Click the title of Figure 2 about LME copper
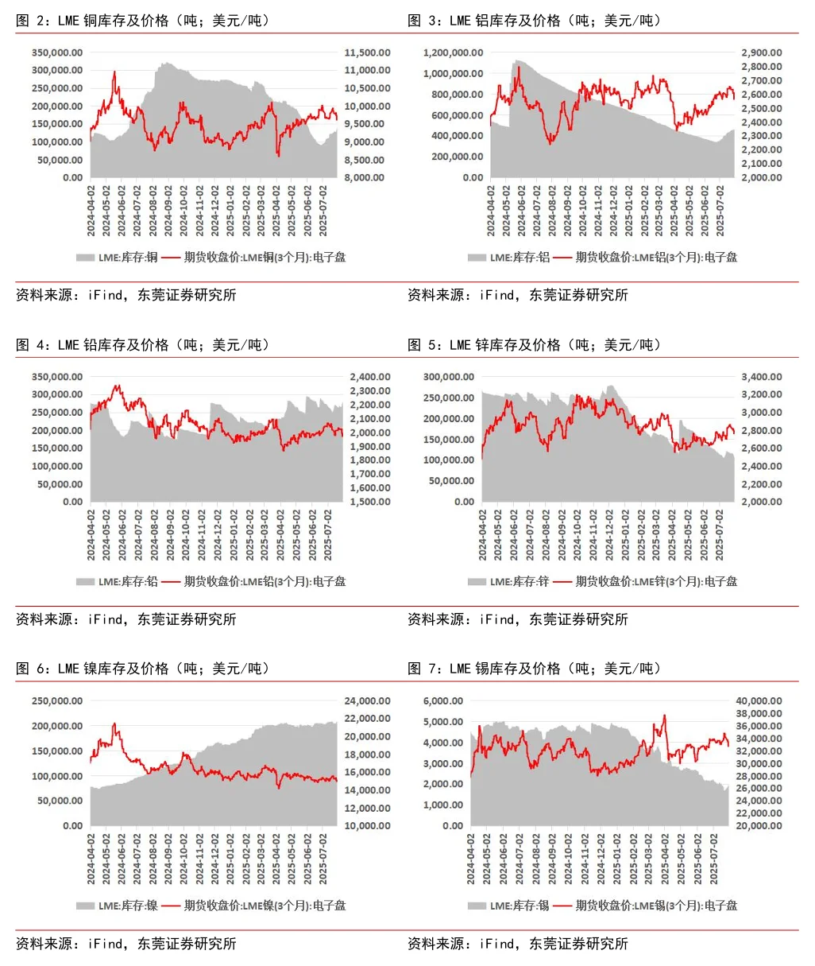tap(144, 21)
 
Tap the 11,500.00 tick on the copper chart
tap(367, 52)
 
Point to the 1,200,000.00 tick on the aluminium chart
tap(453, 52)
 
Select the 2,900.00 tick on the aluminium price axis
tap(761, 52)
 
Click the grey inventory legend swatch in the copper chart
tap(85, 258)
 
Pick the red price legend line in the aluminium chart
tap(562, 258)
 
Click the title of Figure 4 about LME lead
tap(144, 345)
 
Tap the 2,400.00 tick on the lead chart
tap(370, 377)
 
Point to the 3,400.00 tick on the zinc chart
tap(761, 377)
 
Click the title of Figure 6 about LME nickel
tap(144, 669)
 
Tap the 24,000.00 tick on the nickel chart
tap(367, 701)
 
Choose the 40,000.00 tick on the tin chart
tap(759, 701)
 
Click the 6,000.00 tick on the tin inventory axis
tap(442, 701)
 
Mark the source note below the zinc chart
tap(517, 619)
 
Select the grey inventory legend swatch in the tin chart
tap(477, 906)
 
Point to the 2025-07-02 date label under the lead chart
tap(328, 535)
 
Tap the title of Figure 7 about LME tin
tap(535, 669)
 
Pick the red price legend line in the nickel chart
tap(171, 906)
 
